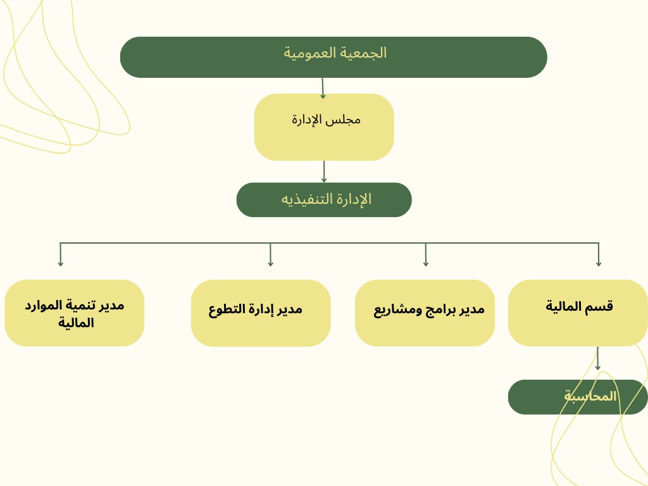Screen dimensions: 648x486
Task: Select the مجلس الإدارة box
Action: pyautogui.click(x=324, y=127)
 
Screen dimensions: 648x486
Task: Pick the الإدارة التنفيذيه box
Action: pyautogui.click(x=324, y=199)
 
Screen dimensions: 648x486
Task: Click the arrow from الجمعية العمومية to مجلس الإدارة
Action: pyautogui.click(x=323, y=88)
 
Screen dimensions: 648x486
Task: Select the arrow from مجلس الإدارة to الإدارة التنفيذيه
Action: pyautogui.click(x=324, y=171)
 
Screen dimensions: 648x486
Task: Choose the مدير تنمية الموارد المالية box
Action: pyautogui.click(x=75, y=313)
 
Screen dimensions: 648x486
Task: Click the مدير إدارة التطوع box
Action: pyautogui.click(x=261, y=313)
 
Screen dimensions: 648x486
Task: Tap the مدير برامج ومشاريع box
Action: pyautogui.click(x=425, y=313)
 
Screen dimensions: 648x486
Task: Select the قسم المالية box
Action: pyautogui.click(x=578, y=313)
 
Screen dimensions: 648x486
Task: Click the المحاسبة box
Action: pyautogui.click(x=578, y=397)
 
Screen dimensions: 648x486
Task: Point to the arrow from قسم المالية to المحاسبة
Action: pyautogui.click(x=597, y=358)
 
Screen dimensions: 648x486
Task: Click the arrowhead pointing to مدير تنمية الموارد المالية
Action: pyautogui.click(x=60, y=263)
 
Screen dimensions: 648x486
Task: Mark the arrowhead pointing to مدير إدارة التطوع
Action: pyautogui.click(x=270, y=263)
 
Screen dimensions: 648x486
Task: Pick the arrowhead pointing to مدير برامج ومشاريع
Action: pyautogui.click(x=426, y=263)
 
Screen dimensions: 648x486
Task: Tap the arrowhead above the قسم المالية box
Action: pyautogui.click(x=599, y=263)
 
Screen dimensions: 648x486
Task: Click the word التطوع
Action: pyautogui.click(x=227, y=309)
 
